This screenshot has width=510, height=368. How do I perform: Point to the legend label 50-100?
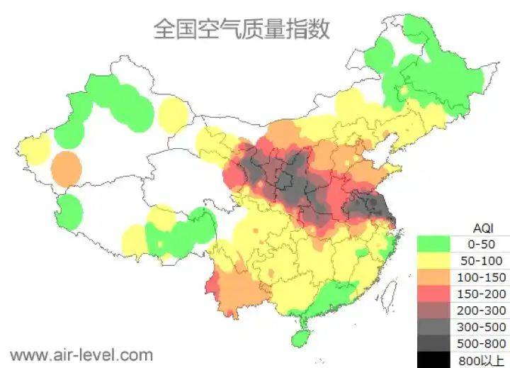tap(482, 260)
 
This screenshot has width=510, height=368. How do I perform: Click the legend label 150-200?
tap(482, 294)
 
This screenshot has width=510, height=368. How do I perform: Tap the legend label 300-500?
tap(482, 327)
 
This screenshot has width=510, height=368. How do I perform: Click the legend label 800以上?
tap(482, 359)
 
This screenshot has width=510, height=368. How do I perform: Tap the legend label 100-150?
tap(482, 277)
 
